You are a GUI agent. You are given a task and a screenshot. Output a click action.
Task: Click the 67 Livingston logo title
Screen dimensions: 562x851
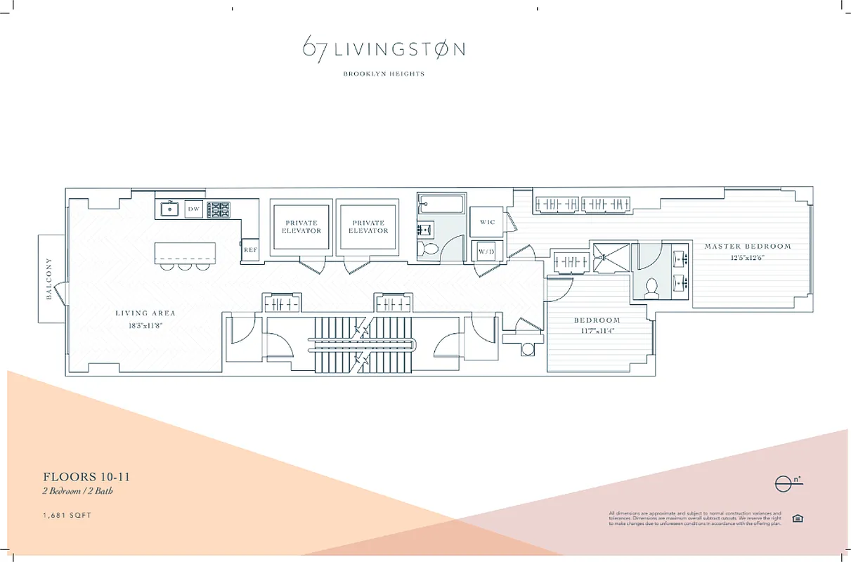(384, 49)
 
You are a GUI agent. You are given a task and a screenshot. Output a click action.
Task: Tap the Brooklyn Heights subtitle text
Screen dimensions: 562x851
(384, 74)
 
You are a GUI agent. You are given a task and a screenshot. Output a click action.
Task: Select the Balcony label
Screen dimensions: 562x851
(49, 279)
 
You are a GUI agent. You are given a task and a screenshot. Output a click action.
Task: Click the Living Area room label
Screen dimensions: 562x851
(145, 313)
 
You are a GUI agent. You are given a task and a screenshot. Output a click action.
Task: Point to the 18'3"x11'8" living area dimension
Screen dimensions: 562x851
(145, 326)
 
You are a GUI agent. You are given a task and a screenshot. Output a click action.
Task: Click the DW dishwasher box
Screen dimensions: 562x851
(193, 209)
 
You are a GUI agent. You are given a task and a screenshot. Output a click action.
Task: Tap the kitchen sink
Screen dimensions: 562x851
(169, 209)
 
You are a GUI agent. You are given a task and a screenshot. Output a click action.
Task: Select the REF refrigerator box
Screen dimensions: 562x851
(249, 250)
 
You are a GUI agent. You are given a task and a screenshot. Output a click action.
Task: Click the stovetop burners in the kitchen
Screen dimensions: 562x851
(220, 209)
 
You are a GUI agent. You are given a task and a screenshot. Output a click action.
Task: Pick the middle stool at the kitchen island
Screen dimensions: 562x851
(185, 266)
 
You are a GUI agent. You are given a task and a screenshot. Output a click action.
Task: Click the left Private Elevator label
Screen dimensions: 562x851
(301, 227)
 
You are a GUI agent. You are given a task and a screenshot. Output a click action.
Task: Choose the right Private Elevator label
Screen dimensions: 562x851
(368, 227)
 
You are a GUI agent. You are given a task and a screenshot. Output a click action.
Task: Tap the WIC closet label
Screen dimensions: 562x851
(487, 222)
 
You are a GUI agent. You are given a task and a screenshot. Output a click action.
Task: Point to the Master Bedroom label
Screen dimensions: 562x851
(747, 247)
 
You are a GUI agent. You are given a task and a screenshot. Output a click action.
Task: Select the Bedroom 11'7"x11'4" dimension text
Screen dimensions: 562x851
(599, 331)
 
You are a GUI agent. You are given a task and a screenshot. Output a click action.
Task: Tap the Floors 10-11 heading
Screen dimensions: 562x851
(86, 478)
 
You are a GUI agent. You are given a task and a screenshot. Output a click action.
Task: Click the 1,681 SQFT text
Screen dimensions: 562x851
(67, 516)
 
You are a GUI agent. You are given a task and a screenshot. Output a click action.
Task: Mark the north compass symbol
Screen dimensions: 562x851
(784, 484)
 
